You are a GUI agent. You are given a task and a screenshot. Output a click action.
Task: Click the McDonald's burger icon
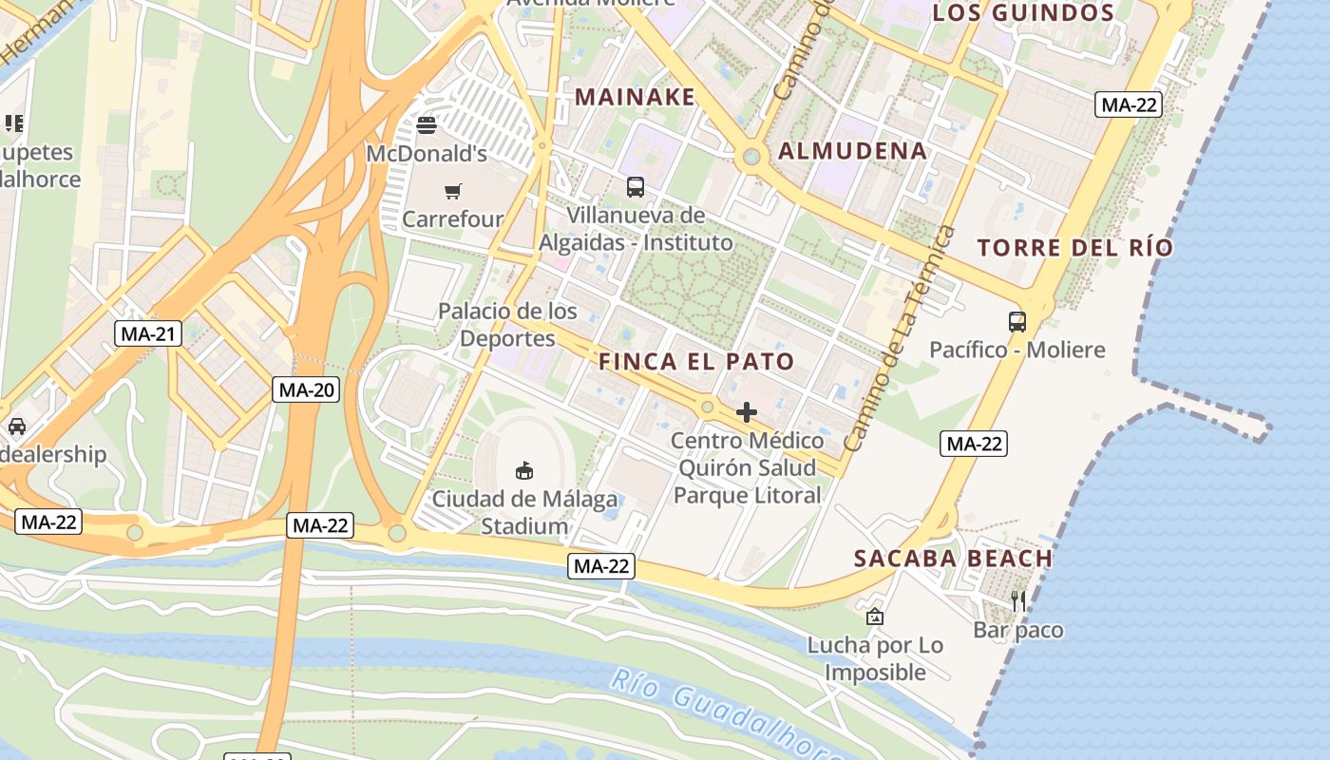(426, 124)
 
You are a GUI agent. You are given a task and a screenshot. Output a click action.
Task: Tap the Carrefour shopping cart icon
(453, 191)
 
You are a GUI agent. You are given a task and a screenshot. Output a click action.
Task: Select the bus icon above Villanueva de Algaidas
(636, 187)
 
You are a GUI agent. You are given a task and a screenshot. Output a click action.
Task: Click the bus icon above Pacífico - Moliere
(1017, 322)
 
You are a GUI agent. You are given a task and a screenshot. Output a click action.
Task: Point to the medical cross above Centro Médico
(747, 412)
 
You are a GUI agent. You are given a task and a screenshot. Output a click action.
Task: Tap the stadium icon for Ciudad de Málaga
(523, 469)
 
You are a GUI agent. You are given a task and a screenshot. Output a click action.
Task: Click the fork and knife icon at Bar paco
(1018, 600)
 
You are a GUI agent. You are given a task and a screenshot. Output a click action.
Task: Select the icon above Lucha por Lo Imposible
(875, 617)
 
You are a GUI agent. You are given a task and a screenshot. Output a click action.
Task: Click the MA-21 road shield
(147, 333)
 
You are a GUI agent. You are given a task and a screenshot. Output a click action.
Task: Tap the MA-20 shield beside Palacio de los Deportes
(306, 389)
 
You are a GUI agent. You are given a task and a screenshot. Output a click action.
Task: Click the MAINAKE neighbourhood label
(636, 97)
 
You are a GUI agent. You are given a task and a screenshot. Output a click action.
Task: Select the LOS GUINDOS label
(1023, 13)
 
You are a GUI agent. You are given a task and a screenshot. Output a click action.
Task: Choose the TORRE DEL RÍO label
(1075, 248)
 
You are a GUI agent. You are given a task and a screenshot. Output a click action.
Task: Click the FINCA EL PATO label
(696, 362)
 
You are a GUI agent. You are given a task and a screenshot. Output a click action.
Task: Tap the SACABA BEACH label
(953, 559)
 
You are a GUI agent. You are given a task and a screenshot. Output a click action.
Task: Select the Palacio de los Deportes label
(507, 324)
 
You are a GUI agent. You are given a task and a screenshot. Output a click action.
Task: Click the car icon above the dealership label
(16, 426)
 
